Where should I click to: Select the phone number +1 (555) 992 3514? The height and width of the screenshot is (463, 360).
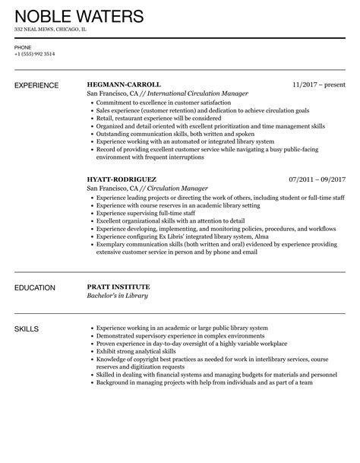[x=33, y=54]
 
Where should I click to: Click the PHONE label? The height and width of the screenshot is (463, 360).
[x=22, y=47]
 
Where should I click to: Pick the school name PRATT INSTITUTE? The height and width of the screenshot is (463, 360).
[x=119, y=287]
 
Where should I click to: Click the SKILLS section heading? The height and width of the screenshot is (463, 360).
[x=27, y=328]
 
